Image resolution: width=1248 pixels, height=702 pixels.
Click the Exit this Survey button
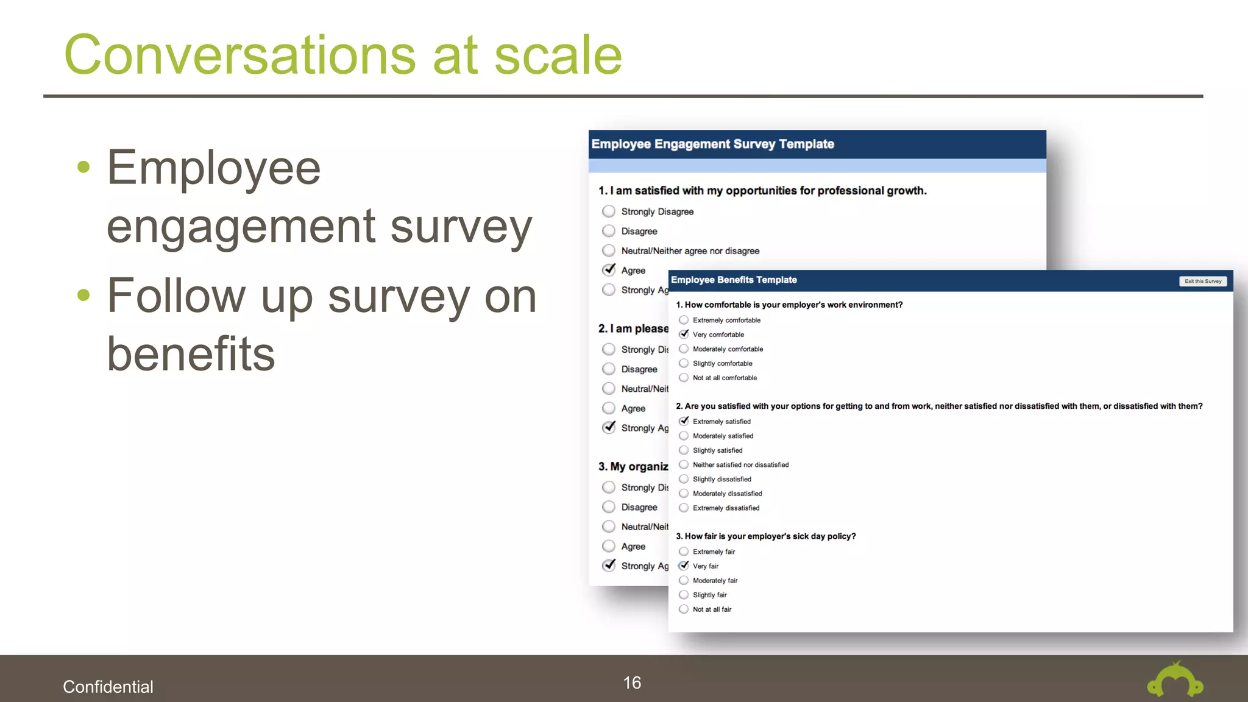1202,281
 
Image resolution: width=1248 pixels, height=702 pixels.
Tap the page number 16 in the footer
632,682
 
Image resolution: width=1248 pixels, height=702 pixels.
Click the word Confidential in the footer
108,687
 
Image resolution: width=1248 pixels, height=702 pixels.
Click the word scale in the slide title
558,55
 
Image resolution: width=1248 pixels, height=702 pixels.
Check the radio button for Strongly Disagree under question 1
608,211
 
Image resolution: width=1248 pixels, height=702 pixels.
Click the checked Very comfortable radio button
684,334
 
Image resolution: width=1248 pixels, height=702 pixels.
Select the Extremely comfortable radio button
684,320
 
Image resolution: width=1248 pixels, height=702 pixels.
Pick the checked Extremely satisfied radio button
684,421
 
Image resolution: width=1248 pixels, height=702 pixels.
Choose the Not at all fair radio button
684,609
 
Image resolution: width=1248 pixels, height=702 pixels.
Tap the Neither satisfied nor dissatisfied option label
740,465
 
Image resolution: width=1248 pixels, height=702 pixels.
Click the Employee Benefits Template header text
734,280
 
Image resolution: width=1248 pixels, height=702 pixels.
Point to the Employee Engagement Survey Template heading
712,144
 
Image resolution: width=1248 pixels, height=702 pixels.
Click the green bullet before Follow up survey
83,296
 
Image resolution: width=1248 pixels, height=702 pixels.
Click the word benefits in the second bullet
191,354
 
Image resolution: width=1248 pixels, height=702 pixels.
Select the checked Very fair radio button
684,565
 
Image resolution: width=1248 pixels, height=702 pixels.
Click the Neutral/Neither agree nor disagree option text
690,251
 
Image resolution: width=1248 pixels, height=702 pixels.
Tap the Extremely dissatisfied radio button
684,508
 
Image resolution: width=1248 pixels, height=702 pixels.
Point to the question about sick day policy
765,536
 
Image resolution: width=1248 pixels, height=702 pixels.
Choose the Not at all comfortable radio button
684,378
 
